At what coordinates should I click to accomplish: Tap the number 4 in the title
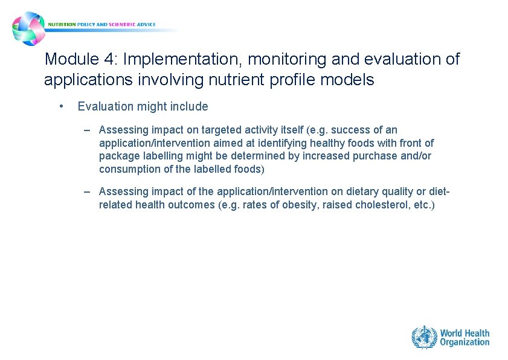pos(108,59)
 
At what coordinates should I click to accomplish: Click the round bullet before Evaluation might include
pos(61,106)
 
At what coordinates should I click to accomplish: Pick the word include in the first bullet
pos(190,107)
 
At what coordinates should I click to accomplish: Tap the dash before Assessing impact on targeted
pos(88,130)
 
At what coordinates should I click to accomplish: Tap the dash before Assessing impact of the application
pos(88,191)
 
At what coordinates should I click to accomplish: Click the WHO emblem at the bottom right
pos(424,337)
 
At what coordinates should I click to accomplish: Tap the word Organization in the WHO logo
pos(465,342)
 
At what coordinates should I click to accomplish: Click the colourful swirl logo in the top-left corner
pos(28,28)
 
